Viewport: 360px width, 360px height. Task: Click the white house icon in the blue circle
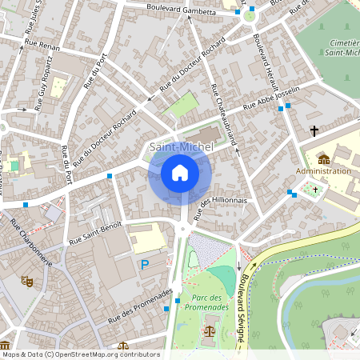click(180, 173)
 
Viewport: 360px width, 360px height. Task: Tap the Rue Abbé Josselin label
click(271, 98)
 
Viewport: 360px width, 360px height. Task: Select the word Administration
click(323, 171)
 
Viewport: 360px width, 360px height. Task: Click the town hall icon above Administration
click(323, 159)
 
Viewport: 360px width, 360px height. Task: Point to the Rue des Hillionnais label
click(219, 206)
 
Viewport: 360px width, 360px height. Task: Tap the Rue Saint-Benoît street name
click(94, 232)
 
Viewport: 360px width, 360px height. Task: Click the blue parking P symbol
click(145, 265)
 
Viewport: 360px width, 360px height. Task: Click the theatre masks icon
click(26, 282)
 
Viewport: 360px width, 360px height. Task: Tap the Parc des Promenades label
click(206, 301)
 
